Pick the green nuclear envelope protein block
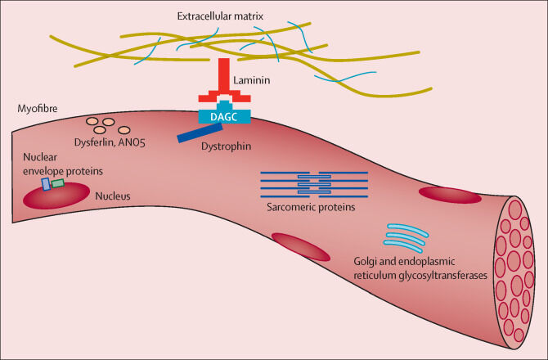pos(58,183)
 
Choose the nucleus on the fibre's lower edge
pos(300,246)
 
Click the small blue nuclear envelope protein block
pos(46,185)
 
